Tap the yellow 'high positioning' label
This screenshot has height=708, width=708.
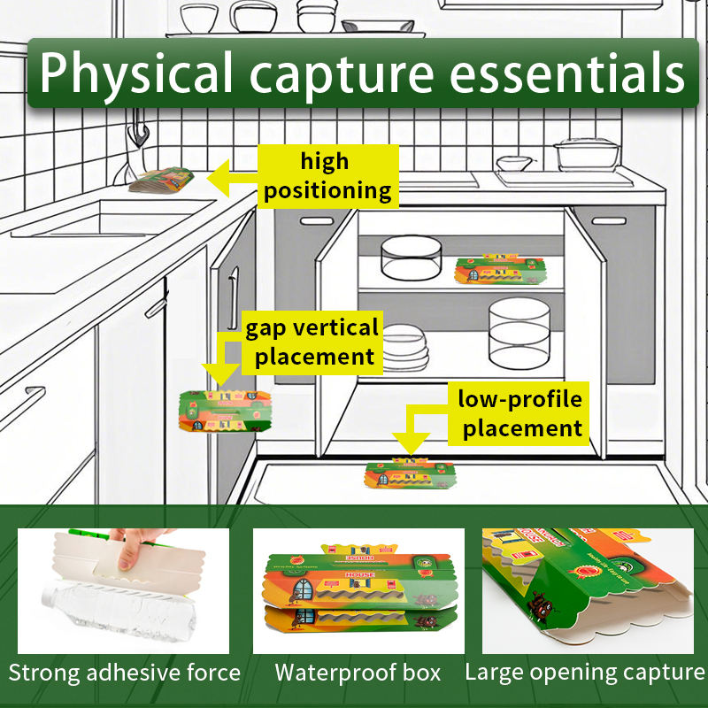pyautogui.click(x=327, y=176)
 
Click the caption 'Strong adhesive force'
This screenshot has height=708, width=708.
pyautogui.click(x=124, y=673)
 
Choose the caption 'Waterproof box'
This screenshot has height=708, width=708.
pyautogui.click(x=358, y=673)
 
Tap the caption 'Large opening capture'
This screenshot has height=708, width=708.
pyautogui.click(x=585, y=673)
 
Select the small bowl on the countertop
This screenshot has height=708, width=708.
pyautogui.click(x=514, y=164)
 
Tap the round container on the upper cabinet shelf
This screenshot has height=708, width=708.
pyautogui.click(x=412, y=256)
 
